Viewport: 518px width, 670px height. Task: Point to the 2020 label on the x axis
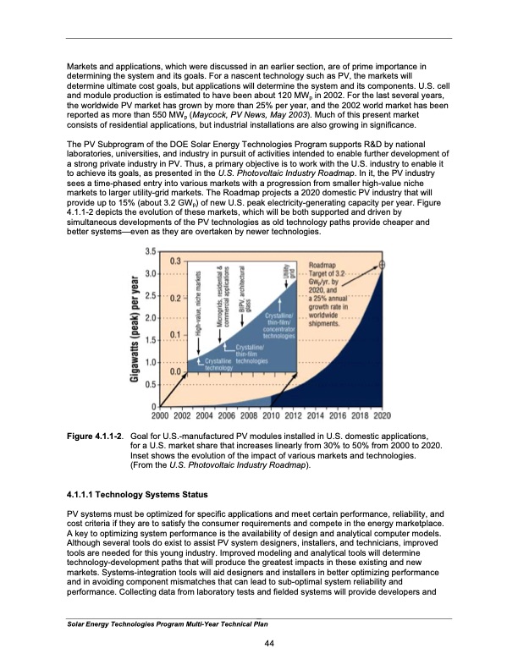[x=382, y=415]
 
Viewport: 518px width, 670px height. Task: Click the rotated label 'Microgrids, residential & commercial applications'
[x=223, y=297]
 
